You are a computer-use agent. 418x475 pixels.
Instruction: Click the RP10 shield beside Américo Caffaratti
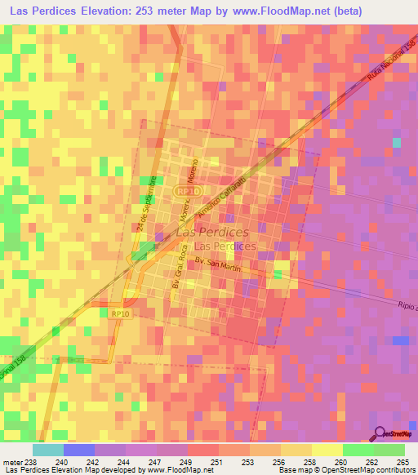tap(185, 191)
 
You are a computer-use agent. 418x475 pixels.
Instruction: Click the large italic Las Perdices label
tap(212, 233)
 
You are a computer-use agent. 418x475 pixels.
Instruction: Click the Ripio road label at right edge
tap(405, 313)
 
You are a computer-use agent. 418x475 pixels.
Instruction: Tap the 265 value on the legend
tap(401, 461)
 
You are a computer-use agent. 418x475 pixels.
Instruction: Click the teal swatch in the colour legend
tap(47, 450)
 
